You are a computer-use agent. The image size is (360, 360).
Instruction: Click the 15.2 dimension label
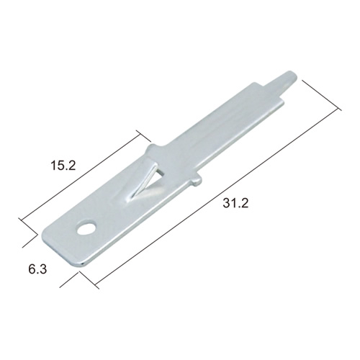(x=63, y=166)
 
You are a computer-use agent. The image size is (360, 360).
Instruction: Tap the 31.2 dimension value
(x=235, y=204)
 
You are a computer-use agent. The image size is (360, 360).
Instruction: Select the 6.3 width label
(x=37, y=269)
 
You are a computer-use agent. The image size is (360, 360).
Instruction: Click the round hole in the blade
(x=86, y=228)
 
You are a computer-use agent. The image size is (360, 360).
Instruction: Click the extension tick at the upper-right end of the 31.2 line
(x=322, y=95)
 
